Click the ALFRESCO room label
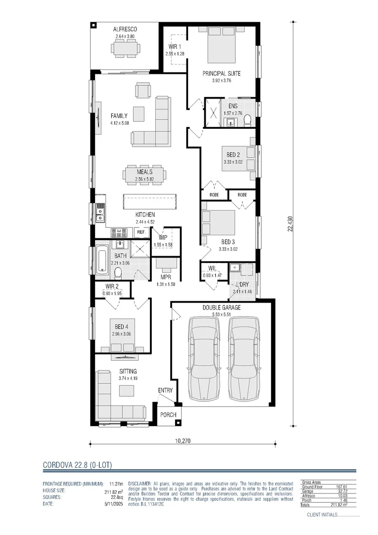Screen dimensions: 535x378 [126, 30]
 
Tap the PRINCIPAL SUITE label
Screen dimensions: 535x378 [221, 73]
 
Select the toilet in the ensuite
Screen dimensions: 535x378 [247, 119]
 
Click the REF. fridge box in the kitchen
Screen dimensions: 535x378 [141, 232]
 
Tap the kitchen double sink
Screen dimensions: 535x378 [100, 214]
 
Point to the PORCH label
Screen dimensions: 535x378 [168, 414]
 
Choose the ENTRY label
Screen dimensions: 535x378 [165, 390]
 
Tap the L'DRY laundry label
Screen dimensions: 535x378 [242, 285]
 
